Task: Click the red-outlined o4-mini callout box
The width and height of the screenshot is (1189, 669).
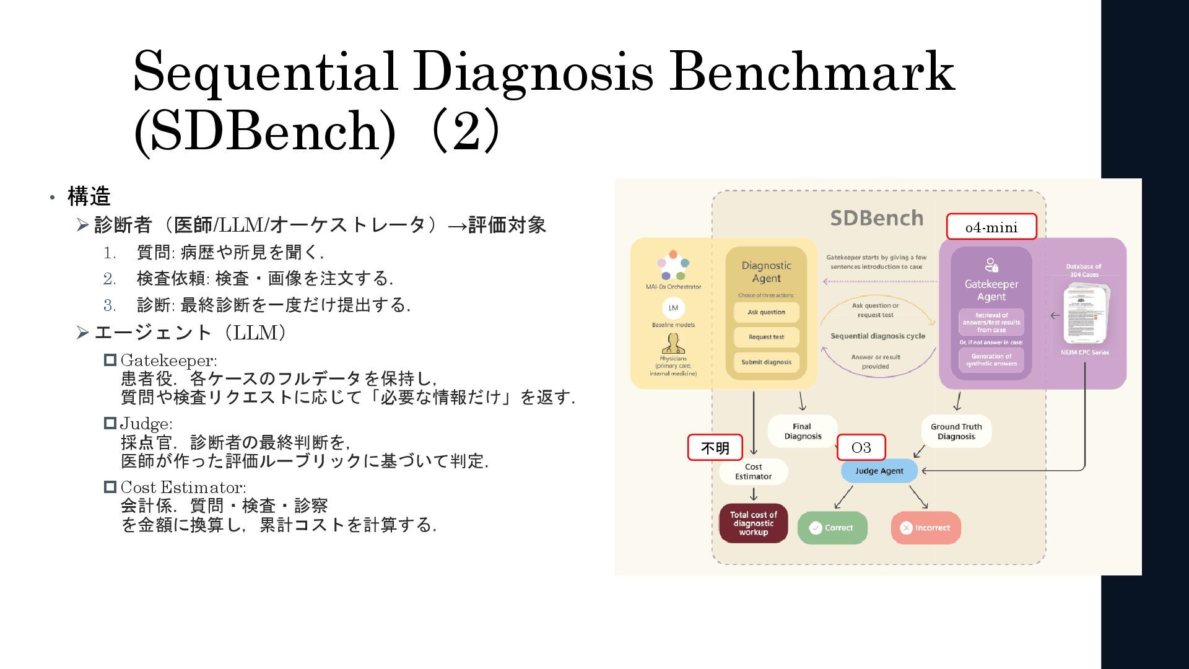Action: point(991,227)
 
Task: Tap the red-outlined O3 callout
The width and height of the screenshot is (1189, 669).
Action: point(861,447)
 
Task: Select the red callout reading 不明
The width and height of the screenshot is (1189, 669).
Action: point(715,447)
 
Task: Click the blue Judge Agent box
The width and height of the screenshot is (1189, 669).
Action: point(879,471)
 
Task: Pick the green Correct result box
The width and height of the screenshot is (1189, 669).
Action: point(832,528)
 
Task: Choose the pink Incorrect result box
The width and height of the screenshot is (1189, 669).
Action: point(926,528)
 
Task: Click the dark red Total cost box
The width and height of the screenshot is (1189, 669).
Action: point(753,523)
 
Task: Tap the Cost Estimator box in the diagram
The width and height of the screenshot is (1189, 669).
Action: point(753,471)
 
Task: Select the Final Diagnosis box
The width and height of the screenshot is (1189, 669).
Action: point(802,431)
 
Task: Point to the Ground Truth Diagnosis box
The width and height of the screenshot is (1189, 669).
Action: point(956,431)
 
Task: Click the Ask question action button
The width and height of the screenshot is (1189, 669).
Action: point(766,312)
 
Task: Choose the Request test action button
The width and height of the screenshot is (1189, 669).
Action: point(766,337)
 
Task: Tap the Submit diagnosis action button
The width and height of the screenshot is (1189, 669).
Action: point(766,362)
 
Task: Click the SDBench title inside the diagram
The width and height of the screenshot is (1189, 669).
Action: point(876,218)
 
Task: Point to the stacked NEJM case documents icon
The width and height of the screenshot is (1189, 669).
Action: point(1086,313)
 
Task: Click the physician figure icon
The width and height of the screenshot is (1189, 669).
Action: point(673,344)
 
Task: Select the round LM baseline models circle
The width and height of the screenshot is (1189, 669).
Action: point(673,308)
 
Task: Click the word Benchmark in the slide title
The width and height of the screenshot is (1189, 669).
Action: point(812,72)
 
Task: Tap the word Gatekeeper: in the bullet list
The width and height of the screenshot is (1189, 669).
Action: point(168,361)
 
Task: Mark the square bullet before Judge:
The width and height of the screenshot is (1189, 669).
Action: point(110,423)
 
